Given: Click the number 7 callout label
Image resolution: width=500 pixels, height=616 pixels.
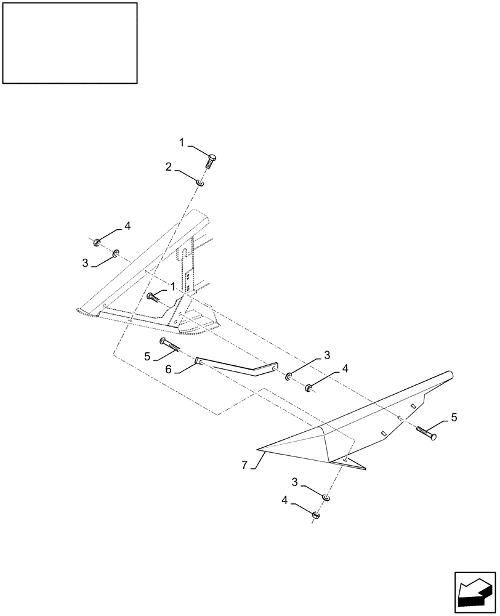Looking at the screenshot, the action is tap(244, 465).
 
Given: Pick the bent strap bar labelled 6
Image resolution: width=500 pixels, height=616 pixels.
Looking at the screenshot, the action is tap(234, 367).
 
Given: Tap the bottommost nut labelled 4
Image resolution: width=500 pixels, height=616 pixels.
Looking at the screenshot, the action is tap(315, 514).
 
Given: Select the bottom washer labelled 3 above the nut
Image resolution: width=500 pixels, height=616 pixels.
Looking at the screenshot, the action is tap(326, 497).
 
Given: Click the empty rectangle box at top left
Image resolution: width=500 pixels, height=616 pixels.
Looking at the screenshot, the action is tap(70, 43).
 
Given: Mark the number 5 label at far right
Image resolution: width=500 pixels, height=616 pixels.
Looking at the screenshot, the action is tap(454, 417).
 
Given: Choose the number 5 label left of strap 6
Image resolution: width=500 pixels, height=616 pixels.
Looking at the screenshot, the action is tap(147, 355).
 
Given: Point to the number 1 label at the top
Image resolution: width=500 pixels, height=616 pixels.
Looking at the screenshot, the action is tap(182, 142).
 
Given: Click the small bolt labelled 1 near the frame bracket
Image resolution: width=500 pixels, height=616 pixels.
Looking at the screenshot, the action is tap(153, 298).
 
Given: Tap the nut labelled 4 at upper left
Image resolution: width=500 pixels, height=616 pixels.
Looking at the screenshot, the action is tap(98, 241).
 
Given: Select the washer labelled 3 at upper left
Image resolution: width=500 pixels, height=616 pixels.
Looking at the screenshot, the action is tap(116, 253).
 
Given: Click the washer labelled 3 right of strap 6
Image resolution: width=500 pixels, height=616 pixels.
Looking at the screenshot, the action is tap(289, 375).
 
